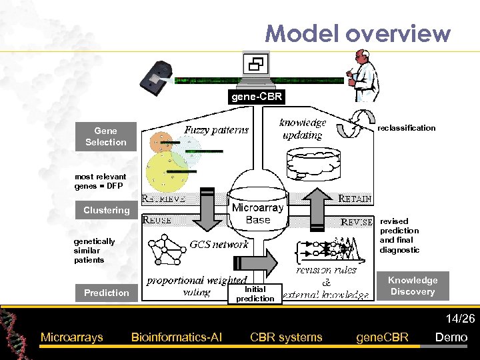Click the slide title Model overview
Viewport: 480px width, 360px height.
tap(357, 33)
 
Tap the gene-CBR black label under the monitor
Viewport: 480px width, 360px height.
tap(257, 97)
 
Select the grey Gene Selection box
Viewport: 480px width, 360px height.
tap(106, 137)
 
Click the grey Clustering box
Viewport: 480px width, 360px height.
tap(107, 210)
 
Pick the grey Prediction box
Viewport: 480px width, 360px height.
tap(107, 293)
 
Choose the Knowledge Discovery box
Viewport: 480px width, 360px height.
tap(413, 286)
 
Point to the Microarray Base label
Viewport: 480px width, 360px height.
tap(258, 213)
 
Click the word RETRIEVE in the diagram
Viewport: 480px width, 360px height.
tap(163, 198)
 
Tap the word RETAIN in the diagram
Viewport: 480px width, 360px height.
tap(355, 199)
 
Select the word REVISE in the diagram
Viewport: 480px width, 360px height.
tap(357, 222)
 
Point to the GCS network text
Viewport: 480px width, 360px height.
tap(219, 244)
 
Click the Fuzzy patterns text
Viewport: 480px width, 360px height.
tap(216, 130)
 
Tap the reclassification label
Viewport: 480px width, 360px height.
tap(406, 128)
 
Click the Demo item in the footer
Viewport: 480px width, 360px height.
tap(451, 337)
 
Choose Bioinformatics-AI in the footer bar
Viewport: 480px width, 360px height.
tap(177, 337)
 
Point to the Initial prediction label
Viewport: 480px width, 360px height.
tap(255, 294)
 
